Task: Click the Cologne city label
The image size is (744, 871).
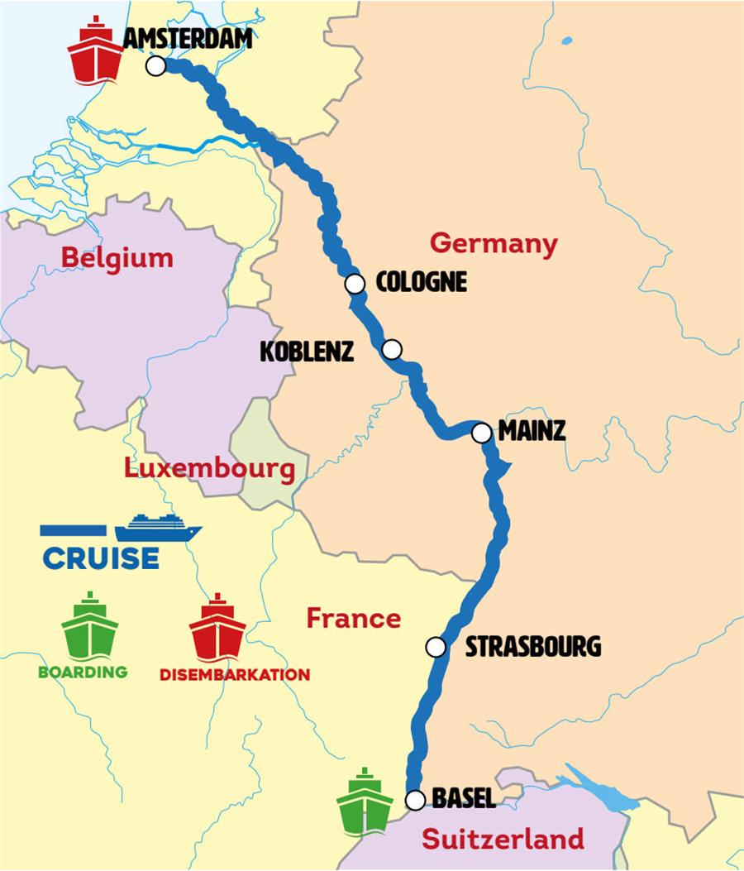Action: pos(421,282)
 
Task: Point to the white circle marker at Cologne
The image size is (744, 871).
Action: pos(355,284)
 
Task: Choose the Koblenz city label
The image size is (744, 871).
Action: pos(307,351)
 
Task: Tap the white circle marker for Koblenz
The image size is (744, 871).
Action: pos(392,350)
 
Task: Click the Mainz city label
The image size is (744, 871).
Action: pos(532,432)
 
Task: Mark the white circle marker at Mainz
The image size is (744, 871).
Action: pos(480,433)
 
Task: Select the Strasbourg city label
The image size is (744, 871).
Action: pos(532,646)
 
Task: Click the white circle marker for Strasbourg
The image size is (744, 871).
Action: pos(436,647)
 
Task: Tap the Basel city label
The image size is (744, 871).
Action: pos(464,798)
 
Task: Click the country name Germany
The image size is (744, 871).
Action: pos(494,244)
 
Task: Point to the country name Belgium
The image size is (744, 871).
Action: pos(117,258)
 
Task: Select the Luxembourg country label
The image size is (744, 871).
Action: pos(209,470)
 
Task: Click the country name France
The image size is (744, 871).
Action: pos(353,618)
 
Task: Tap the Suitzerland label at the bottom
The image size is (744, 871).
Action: pos(503,840)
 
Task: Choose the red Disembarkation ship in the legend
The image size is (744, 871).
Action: pos(217,627)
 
